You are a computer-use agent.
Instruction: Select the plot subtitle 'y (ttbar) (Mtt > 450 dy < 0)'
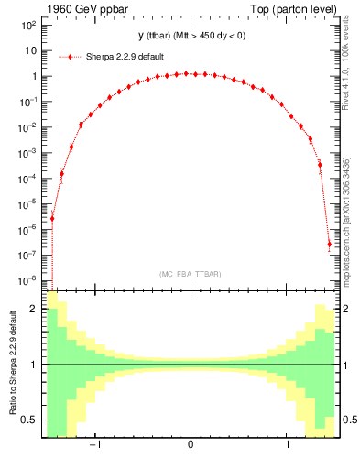click(x=190, y=36)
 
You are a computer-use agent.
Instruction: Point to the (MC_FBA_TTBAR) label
click(x=190, y=274)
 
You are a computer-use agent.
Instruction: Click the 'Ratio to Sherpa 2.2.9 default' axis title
click(x=13, y=365)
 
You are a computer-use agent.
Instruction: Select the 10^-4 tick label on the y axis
click(x=28, y=178)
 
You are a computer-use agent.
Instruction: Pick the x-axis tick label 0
click(x=190, y=445)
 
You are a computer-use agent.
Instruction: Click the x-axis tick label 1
click(x=289, y=445)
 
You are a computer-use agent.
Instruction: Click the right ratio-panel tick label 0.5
click(x=345, y=420)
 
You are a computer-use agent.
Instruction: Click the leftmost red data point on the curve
click(x=52, y=218)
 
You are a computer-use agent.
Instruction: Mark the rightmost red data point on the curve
click(x=329, y=244)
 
